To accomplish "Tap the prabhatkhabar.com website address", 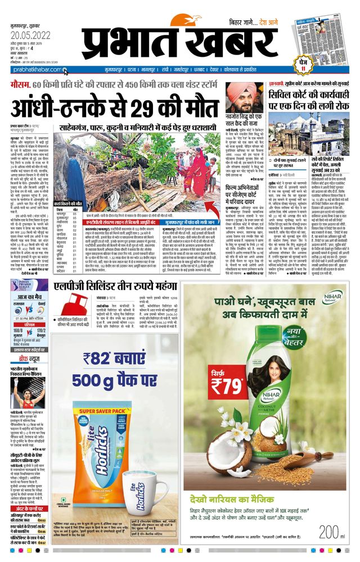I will click(x=35, y=70).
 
